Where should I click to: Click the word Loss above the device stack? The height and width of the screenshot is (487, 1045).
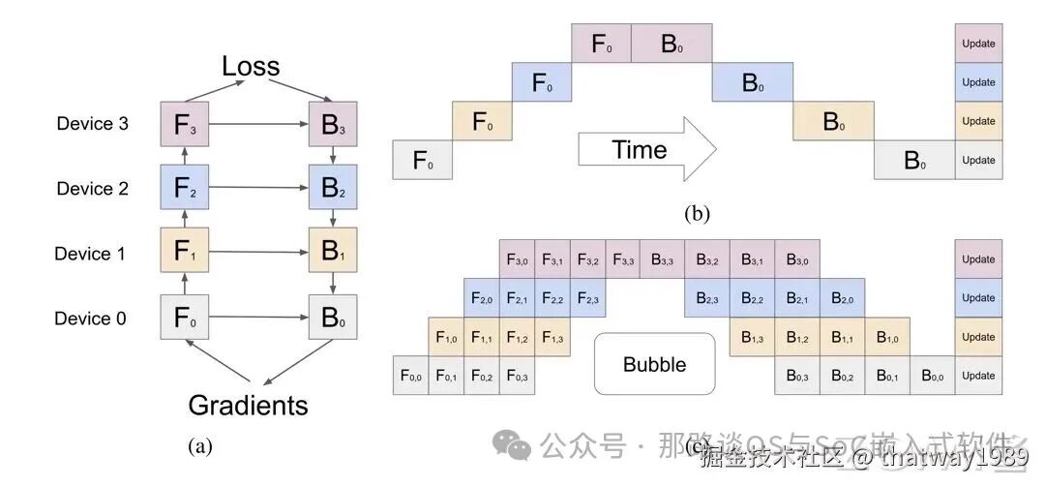click(x=251, y=67)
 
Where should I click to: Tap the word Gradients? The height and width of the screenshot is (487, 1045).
click(x=248, y=405)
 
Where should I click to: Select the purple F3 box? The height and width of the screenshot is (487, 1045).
click(x=185, y=125)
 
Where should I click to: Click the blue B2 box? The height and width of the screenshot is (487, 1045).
click(x=333, y=188)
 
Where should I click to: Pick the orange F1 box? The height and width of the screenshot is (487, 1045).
click(x=185, y=253)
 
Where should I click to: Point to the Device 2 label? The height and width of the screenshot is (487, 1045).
click(x=92, y=189)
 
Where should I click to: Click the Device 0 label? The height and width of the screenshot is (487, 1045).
click(x=90, y=319)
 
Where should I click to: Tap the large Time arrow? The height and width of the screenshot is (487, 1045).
click(x=645, y=150)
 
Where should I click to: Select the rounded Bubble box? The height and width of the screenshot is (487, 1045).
click(x=654, y=365)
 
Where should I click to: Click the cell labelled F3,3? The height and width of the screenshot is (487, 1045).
click(x=623, y=259)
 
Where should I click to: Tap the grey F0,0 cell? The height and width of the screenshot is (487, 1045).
click(x=410, y=376)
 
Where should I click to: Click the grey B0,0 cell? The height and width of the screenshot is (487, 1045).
click(x=933, y=376)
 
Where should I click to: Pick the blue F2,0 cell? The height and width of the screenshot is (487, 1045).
click(x=481, y=298)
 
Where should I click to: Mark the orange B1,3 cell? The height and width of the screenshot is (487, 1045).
click(x=752, y=337)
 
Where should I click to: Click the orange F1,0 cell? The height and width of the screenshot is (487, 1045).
click(x=445, y=337)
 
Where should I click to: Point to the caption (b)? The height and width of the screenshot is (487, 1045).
click(x=697, y=212)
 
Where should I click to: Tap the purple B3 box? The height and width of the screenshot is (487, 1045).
click(x=333, y=125)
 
